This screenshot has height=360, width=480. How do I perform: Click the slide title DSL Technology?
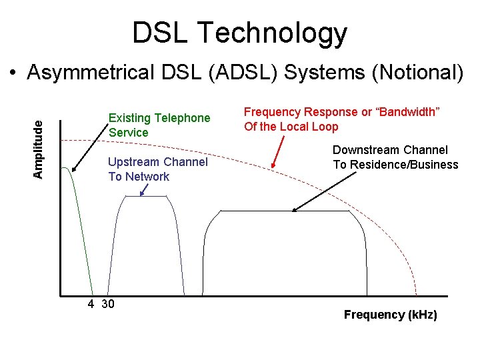pos(239,33)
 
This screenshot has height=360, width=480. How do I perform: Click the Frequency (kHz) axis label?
pos(390,315)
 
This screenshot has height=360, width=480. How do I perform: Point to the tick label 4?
pos(91,304)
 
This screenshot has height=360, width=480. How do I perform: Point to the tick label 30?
pos(107,304)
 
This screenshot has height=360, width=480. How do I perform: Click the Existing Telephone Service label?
pos(159,125)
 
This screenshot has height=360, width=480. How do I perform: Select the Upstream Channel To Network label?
pos(157,169)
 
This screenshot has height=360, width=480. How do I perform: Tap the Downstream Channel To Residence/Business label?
pos(395,157)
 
